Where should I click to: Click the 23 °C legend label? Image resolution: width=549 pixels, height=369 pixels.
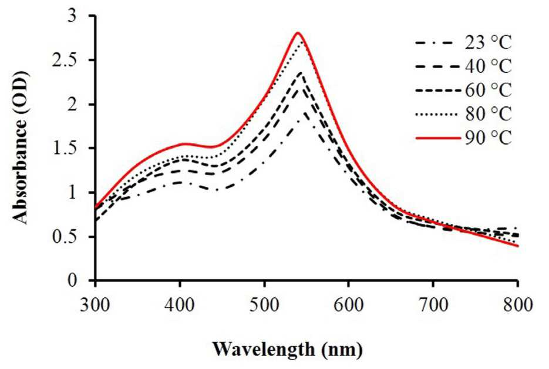489,43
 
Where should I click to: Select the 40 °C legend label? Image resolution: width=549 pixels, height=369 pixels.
489,66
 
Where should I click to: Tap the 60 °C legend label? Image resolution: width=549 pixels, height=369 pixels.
489,90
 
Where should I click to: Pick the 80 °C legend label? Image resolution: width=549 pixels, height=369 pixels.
489,114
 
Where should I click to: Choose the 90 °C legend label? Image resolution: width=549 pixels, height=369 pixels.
489,137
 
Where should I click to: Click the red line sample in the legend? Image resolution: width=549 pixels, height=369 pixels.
438,138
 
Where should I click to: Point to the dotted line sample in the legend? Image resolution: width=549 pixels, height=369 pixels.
438,114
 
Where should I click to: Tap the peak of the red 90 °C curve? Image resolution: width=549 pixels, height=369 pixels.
298,32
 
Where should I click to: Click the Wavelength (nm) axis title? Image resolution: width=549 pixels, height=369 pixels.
288,350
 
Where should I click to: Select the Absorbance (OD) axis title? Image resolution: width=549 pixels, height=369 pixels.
21,148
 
